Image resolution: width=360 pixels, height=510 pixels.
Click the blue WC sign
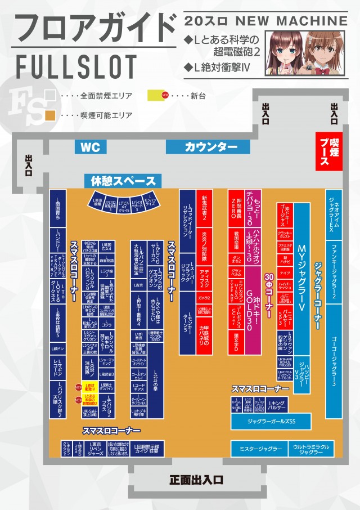[x=91, y=147]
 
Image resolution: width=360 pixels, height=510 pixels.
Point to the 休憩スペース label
[x=123, y=181]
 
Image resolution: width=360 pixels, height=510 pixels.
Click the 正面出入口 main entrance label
[x=197, y=480]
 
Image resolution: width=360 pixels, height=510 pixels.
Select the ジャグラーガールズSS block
[x=271, y=421]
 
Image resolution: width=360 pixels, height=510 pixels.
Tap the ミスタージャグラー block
[x=257, y=449]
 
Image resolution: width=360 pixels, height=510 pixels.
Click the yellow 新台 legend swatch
[x=155, y=95]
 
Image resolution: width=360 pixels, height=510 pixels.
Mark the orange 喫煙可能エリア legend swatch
[x=50, y=115]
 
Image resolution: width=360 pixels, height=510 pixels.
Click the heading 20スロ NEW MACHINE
[x=266, y=21]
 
